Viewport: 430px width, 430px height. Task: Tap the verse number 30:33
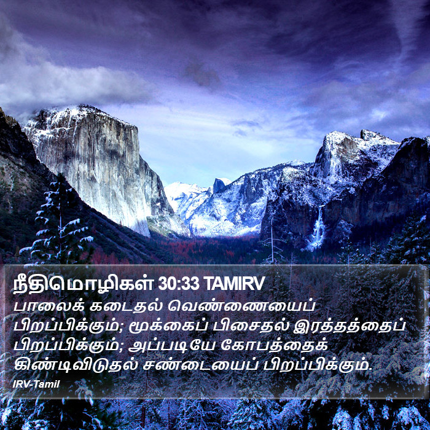[179, 284]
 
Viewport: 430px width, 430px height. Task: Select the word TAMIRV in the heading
[235, 284]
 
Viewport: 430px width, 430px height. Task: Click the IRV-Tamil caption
[36, 385]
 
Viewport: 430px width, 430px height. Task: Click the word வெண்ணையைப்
[241, 307]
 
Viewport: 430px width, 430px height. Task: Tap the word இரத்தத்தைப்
[349, 326]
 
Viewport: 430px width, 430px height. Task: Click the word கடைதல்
[126, 307]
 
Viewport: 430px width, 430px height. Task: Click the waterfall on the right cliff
[318, 228]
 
